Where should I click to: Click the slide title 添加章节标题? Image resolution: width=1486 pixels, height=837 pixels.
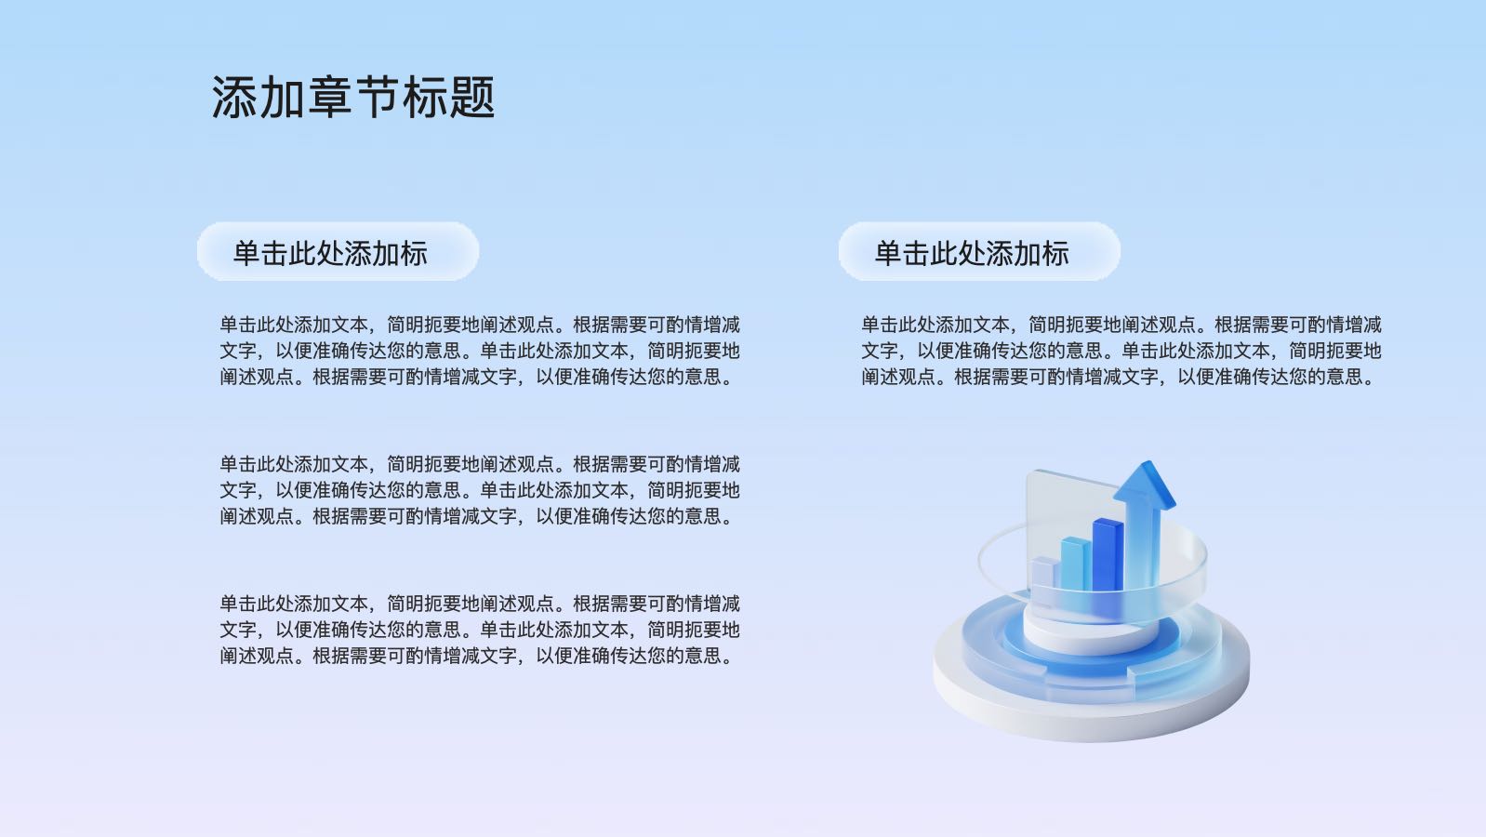coord(353,97)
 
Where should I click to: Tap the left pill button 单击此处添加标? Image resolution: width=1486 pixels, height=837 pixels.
coord(338,251)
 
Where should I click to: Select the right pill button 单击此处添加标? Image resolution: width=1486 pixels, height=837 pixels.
coord(979,251)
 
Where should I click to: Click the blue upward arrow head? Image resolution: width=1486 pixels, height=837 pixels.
coord(1145,484)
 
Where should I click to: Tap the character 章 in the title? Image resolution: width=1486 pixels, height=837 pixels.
coord(329,97)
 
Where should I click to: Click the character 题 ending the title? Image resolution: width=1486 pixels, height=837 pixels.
coord(471,97)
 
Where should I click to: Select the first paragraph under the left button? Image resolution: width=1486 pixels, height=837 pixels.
coord(480,351)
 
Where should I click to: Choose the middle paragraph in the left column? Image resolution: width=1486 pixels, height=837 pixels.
coord(480,490)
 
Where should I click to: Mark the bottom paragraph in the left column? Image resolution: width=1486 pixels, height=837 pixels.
coord(480,630)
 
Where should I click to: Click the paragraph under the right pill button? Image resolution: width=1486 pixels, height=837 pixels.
coord(1121,351)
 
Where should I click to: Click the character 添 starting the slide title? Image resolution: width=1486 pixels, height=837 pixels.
coord(234,97)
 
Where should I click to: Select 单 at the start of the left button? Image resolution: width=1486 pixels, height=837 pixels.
coord(246,253)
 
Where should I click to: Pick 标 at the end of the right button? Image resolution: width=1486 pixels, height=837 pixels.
coord(1055,253)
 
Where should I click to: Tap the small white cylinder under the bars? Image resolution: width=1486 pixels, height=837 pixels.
coord(1092,633)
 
